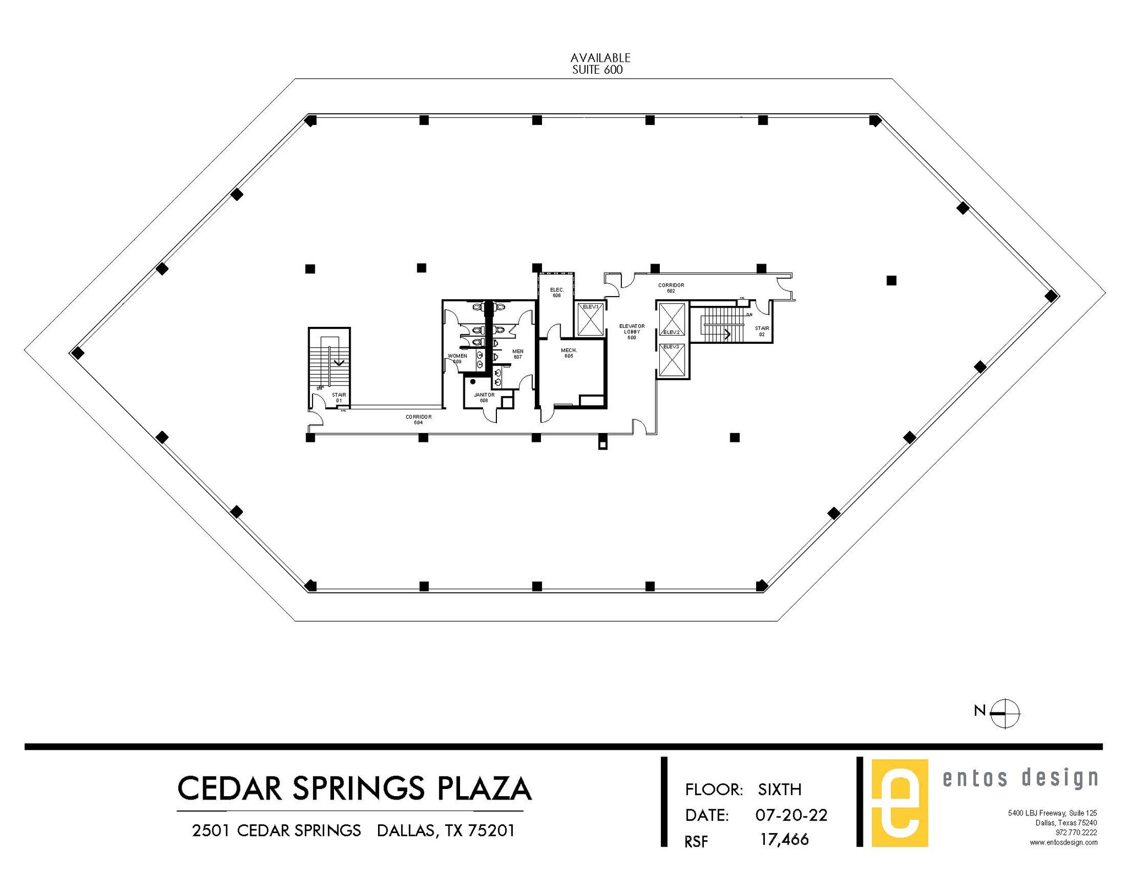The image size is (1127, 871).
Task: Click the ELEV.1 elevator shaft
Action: pos(590,319)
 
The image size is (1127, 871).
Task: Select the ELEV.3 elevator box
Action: pos(672,361)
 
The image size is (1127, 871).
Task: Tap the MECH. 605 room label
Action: pos(568,353)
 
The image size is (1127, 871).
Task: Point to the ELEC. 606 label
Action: pos(556,293)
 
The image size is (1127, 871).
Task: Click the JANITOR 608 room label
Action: pos(484,397)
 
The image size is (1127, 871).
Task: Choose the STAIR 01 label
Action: pos(339,397)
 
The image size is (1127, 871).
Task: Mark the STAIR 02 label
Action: pos(762,331)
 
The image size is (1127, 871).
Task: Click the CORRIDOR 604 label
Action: pos(418,419)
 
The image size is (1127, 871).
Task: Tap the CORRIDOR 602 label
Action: pos(671,288)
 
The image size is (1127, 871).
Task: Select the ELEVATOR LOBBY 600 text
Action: pos(632,332)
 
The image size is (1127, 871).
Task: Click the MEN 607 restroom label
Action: pos(517,354)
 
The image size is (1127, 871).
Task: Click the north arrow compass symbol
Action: pos(1004,713)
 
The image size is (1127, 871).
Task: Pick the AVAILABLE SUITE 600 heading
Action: pos(599,64)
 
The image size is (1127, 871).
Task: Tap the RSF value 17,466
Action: pos(784,840)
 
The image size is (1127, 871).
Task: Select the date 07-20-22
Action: pos(791,815)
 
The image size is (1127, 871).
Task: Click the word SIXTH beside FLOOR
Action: pos(779,790)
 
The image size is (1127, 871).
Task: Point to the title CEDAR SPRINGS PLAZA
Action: pos(354,788)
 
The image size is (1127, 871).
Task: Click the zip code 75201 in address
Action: pos(491,831)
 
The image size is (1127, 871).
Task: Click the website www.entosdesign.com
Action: pos(1063,842)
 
